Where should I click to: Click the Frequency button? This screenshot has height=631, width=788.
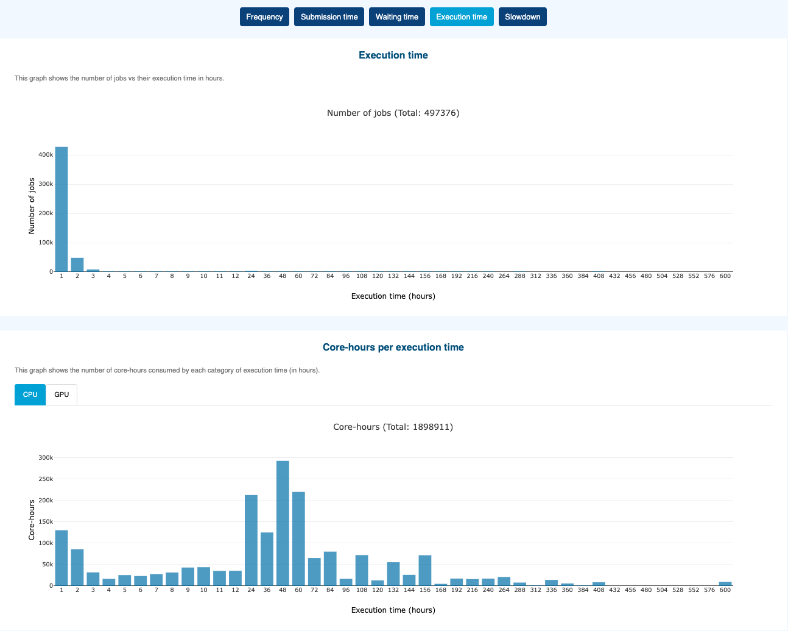264,17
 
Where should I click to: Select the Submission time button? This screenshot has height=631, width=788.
329,17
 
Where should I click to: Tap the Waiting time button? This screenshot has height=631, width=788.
396,17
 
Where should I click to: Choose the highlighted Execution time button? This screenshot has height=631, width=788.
462,17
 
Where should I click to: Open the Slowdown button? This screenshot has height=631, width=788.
522,17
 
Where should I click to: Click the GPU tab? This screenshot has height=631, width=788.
62,394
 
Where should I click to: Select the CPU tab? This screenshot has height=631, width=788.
30,394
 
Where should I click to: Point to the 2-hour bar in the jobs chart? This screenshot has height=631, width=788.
77,265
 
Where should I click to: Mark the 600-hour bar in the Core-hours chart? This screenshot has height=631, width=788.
725,583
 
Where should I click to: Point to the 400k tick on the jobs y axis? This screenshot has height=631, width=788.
46,155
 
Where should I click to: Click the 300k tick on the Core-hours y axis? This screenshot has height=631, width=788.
46,458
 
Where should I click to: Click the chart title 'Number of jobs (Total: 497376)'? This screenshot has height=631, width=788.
393,113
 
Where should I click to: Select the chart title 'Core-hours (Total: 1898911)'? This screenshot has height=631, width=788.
393,427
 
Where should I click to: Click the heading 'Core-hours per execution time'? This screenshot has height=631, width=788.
393,348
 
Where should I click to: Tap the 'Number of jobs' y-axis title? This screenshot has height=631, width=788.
32,206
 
